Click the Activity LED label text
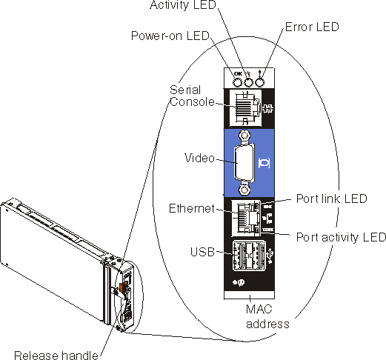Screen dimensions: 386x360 point(183,5)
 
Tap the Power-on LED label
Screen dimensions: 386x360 point(170,36)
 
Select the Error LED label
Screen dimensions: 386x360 point(312,27)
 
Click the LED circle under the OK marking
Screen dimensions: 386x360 point(238,82)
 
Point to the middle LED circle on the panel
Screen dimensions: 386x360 point(248,82)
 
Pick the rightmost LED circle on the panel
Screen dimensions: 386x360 point(259,82)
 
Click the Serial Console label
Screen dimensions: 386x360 point(192,96)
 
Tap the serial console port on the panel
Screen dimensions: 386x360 point(245,108)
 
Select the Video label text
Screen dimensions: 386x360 point(199,158)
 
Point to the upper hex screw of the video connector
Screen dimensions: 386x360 point(244,136)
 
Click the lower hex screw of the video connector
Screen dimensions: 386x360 point(244,190)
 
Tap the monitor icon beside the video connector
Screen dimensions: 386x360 point(264,163)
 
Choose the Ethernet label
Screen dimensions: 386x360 point(192,209)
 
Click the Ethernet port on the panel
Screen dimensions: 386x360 point(246,218)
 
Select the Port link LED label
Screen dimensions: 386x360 point(332,199)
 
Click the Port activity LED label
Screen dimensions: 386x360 point(341,237)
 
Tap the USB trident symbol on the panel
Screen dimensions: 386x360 point(271,256)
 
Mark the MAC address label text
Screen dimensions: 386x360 point(267,316)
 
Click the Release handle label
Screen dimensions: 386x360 point(56,356)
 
